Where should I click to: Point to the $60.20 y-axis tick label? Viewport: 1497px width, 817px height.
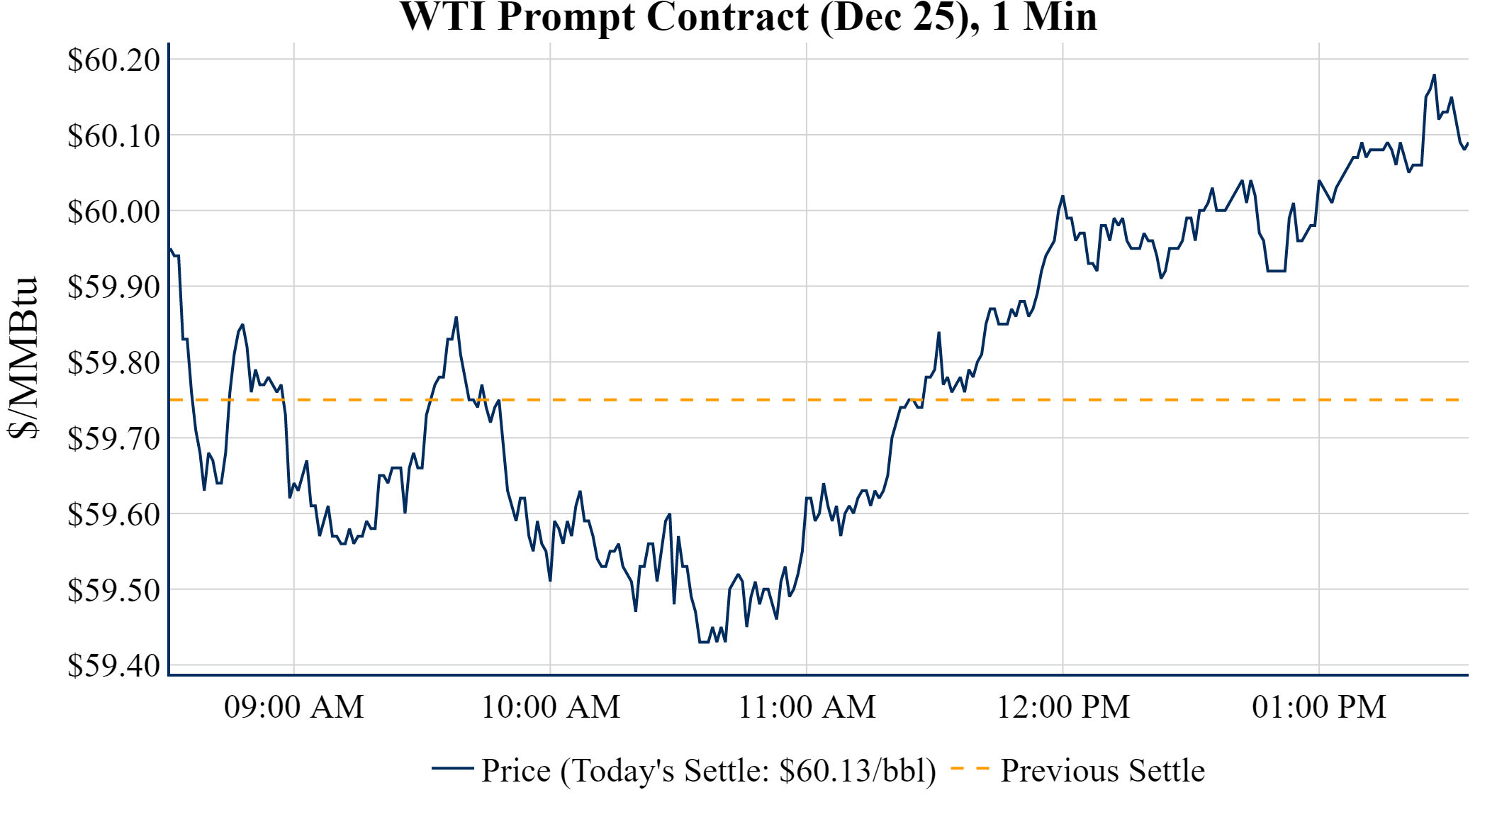click(114, 60)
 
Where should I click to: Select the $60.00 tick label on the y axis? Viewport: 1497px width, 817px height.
click(114, 211)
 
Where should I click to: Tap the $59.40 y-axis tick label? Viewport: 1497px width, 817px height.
click(114, 665)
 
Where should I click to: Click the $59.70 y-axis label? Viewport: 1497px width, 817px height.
click(114, 438)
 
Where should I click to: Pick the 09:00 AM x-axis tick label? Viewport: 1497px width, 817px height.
click(294, 707)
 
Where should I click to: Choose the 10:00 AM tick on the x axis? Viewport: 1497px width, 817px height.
click(551, 707)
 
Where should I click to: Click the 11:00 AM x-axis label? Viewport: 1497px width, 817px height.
click(807, 707)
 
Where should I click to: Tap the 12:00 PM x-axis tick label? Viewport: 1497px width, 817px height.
click(1063, 707)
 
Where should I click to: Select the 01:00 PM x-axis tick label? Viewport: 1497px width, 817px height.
click(1319, 707)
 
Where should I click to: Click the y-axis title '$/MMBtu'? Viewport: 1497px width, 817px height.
click(23, 358)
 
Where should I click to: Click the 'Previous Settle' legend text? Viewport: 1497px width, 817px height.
click(1102, 770)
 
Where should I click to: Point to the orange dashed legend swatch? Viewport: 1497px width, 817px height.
click(969, 769)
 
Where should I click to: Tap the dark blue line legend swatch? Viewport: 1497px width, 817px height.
click(452, 769)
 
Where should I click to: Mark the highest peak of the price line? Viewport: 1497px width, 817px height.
click(1434, 75)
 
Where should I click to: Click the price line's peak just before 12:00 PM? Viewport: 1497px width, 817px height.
click(1063, 196)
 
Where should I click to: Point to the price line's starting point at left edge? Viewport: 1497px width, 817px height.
click(169, 248)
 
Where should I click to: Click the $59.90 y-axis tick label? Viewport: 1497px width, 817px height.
click(114, 287)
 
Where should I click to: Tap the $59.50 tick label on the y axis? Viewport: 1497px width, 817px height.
click(114, 590)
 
